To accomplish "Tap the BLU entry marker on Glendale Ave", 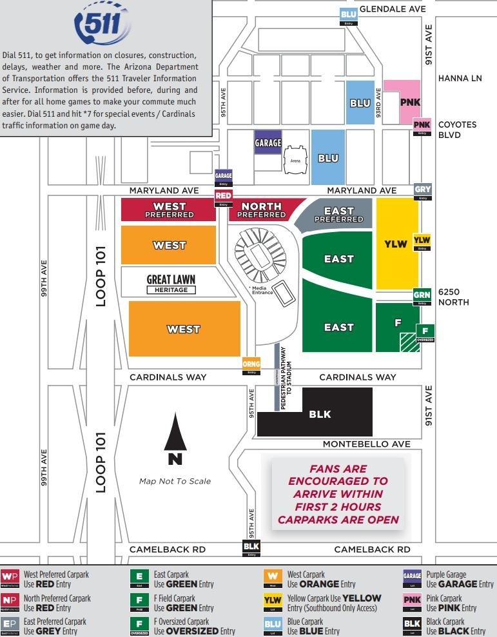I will click(349, 16).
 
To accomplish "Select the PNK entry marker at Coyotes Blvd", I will click(422, 126).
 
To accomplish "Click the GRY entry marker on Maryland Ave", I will click(423, 191).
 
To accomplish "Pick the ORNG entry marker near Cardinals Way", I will click(251, 366).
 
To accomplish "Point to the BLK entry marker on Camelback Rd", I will click(251, 548).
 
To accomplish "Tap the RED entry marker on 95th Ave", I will click(223, 197).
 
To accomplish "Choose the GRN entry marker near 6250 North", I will click(422, 297).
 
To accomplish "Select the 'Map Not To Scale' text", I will click(175, 481).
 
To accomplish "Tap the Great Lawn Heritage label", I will click(171, 284).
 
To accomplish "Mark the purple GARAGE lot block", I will click(268, 142).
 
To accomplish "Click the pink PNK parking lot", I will click(406, 101).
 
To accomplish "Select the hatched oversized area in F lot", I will click(409, 342).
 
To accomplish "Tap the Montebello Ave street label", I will click(366, 444).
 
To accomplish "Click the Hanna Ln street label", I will click(460, 78).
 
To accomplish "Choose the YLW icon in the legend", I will click(273, 602).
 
